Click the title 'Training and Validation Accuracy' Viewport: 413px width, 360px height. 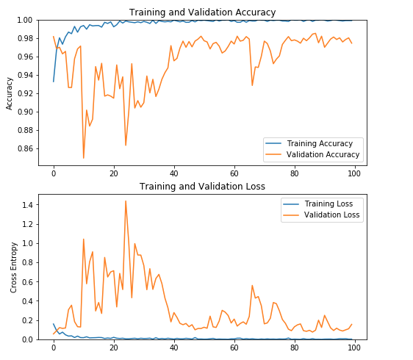tap(202, 12)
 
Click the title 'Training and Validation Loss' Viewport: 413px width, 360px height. tap(202, 187)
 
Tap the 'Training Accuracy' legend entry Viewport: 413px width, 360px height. tap(320, 143)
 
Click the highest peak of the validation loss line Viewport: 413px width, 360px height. tap(126, 201)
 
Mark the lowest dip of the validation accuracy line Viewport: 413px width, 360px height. tap(84, 158)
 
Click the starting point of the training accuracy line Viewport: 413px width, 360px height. tap(54, 81)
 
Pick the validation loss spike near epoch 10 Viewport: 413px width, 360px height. tap(84, 239)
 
